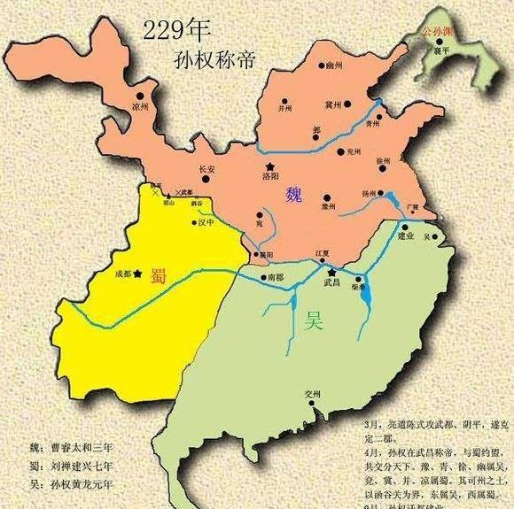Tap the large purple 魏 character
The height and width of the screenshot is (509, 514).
pos(295,197)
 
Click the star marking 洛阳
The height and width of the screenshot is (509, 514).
pos(269,166)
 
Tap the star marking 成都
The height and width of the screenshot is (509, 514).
pos(136,274)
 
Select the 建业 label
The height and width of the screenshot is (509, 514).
pos(407,236)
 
